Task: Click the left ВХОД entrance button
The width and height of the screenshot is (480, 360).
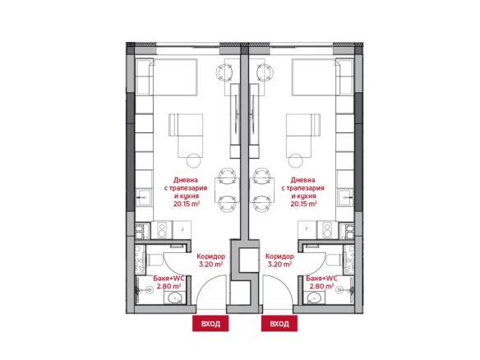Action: click(210, 324)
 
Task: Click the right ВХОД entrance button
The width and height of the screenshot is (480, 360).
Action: click(279, 324)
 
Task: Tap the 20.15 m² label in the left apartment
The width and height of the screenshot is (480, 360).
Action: click(187, 204)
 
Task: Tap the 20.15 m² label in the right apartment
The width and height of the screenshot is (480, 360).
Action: click(303, 204)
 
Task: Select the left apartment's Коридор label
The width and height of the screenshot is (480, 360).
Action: click(210, 256)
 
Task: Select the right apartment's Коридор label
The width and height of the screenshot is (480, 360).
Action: click(279, 256)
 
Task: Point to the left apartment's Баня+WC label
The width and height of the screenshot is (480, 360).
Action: click(169, 279)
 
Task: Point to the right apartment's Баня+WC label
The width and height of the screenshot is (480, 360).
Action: click(321, 279)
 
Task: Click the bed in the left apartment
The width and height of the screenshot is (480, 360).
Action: click(174, 77)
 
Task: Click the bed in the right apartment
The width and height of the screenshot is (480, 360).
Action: click(314, 77)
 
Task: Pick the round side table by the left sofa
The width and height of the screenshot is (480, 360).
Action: click(194, 160)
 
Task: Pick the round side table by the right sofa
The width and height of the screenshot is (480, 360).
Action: click(295, 160)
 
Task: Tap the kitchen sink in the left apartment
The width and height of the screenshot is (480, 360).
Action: click(144, 198)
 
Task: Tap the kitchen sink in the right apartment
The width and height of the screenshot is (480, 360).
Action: click(345, 198)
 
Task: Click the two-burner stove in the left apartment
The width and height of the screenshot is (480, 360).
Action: click(162, 230)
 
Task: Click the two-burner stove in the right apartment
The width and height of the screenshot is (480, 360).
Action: click(327, 230)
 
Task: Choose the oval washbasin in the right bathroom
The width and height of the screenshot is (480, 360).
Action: click(314, 298)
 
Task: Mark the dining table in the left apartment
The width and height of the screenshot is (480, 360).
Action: click(227, 190)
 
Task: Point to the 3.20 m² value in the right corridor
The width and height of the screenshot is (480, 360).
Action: click(279, 264)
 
